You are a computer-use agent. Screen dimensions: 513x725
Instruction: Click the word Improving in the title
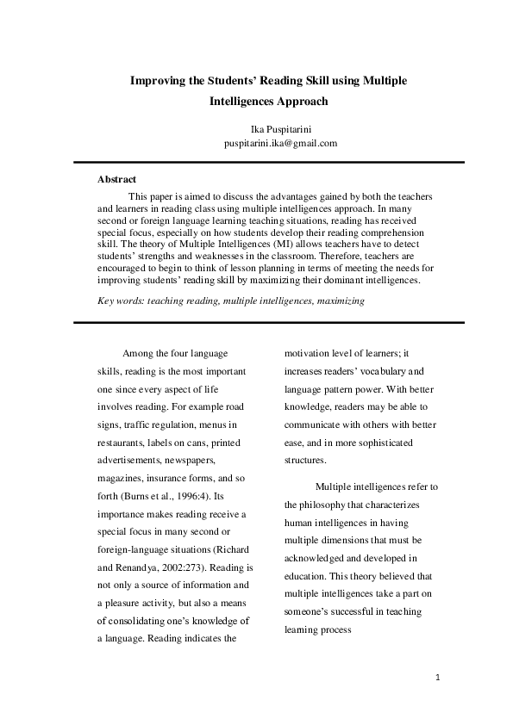tap(157, 81)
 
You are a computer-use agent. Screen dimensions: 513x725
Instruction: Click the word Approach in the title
tap(299, 101)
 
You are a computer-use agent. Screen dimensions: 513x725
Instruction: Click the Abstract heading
tap(116, 180)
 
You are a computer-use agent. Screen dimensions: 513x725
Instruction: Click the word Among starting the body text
tap(139, 353)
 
